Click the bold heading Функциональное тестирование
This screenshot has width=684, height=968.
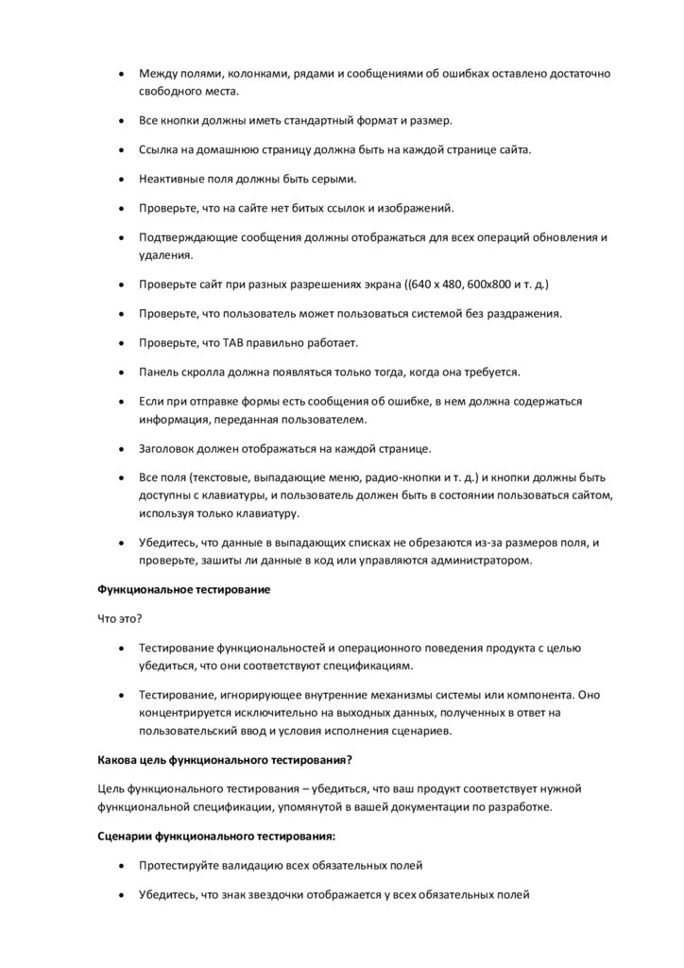(184, 589)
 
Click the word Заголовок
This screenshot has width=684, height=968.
(173, 448)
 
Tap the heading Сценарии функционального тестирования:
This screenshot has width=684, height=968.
(217, 836)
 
